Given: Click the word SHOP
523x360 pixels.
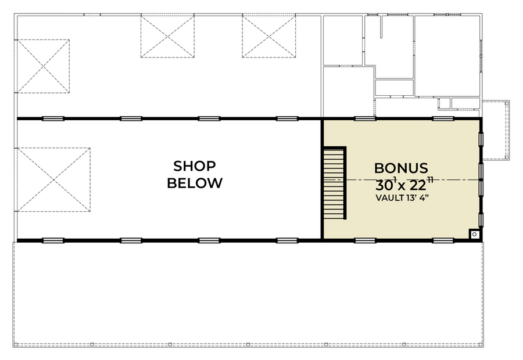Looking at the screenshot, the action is click(195, 165).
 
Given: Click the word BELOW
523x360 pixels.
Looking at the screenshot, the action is click(195, 183).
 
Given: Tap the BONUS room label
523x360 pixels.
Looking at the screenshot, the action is click(401, 168).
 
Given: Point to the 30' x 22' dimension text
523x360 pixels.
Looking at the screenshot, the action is click(404, 183).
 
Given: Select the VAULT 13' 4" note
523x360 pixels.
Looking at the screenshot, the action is click(402, 197).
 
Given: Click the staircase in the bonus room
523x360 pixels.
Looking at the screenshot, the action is click(335, 183).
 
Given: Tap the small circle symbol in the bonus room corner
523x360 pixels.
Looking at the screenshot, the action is click(475, 235).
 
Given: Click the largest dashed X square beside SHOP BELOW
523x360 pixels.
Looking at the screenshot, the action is click(53, 179).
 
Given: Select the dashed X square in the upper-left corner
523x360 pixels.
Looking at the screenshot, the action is click(42, 66).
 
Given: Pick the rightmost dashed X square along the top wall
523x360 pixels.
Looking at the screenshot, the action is click(269, 35).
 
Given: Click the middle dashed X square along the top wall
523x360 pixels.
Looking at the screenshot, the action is click(167, 35).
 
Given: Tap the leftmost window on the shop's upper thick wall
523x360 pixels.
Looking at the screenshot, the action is click(53, 118).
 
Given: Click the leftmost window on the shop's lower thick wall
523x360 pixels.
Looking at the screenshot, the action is click(53, 240).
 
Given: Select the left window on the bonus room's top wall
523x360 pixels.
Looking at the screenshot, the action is click(365, 118).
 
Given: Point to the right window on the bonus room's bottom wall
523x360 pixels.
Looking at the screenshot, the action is click(443, 240).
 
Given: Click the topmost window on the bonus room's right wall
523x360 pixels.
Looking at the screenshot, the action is click(481, 139).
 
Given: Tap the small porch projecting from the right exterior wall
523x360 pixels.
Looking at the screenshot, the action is click(496, 130).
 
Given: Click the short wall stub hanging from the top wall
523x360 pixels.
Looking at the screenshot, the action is click(381, 26).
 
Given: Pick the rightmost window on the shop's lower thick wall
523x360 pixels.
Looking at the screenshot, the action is click(287, 240).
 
